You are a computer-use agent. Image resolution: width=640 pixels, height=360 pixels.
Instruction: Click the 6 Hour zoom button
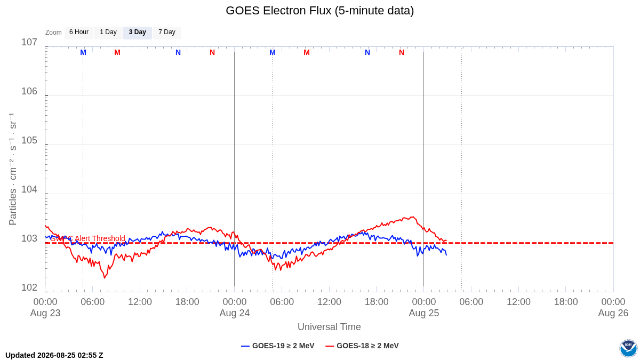coord(79,33)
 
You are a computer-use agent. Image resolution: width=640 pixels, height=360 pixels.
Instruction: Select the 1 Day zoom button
coord(108,33)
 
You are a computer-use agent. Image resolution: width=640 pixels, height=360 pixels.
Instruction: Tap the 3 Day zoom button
coord(138,33)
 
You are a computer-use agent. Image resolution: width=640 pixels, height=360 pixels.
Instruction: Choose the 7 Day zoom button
coord(167,33)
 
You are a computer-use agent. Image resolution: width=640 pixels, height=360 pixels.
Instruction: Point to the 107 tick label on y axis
coord(29,42)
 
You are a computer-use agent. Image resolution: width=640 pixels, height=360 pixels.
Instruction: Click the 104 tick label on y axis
coord(29,189)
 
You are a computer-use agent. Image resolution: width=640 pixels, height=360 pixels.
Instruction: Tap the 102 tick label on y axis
coord(29,287)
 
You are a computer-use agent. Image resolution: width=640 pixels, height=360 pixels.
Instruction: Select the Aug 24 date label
coord(235,313)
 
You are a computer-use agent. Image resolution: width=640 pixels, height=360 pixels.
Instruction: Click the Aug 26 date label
coord(613,313)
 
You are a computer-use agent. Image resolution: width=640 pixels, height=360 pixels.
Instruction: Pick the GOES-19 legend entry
coord(278,346)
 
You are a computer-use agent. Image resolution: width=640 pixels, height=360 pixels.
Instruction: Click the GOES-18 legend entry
coord(362,346)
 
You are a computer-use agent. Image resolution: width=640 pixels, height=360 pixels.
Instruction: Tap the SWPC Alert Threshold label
coord(88,238)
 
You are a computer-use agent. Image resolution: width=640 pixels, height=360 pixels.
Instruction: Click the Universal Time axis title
coord(329,327)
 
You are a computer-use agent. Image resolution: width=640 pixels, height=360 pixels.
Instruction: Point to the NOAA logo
coord(628,348)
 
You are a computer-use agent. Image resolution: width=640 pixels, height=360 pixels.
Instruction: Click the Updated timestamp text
coord(54,355)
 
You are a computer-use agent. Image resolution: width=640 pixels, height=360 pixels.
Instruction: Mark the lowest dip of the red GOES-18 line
coord(105,278)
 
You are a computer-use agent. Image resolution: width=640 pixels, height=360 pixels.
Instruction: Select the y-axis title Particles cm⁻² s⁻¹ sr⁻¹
coord(13,169)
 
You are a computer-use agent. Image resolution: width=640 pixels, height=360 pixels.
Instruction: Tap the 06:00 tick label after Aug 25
coord(471,302)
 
